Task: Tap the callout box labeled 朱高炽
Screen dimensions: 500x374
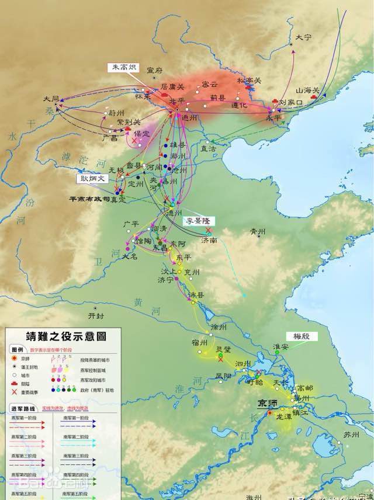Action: [x=122, y=68]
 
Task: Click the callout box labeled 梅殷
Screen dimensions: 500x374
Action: [x=302, y=336]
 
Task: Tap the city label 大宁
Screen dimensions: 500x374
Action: [x=303, y=37]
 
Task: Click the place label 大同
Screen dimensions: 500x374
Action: [x=51, y=99]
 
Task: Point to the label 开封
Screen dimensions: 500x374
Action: [x=95, y=315]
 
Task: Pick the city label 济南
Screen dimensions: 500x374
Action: [x=209, y=239]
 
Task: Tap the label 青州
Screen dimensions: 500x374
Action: [x=257, y=231]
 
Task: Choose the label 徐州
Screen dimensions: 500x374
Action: [x=218, y=327]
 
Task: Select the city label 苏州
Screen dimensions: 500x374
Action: [x=351, y=435]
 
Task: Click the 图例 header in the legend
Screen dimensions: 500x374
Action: [x=18, y=349]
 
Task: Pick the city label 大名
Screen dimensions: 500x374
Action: [x=130, y=256]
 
